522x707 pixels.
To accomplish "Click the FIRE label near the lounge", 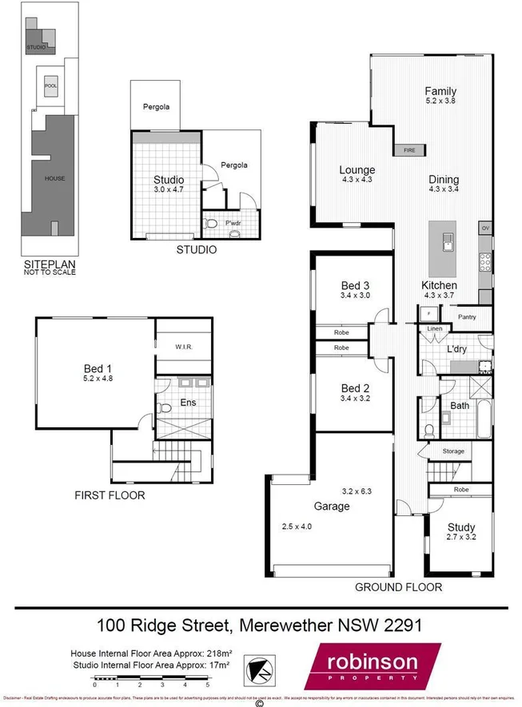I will [408, 149].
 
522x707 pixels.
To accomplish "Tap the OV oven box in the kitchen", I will [484, 228].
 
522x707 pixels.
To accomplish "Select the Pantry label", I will [467, 317].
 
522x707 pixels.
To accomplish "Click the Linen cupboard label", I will [434, 329].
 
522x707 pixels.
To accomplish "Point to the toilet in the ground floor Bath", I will [429, 431].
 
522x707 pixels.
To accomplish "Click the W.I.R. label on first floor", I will [183, 348].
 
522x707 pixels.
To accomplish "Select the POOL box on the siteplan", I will [50, 85].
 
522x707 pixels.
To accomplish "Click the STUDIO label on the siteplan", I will [36, 47].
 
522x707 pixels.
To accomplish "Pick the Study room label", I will [461, 527].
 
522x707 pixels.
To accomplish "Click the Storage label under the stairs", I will [453, 452].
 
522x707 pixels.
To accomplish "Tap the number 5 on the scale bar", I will [208, 685].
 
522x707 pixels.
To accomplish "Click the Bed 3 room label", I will [353, 286].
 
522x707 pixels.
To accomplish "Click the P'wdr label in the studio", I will [233, 222].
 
